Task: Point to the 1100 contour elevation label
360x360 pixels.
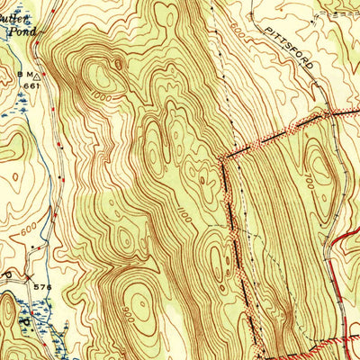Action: point(184,215)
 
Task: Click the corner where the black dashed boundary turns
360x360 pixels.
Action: point(222,162)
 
